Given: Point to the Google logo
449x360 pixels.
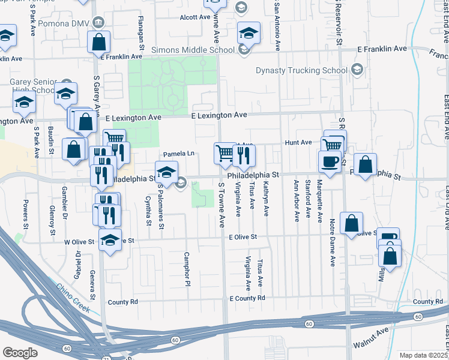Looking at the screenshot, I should coord(20,353).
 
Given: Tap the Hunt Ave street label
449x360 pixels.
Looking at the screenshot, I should coord(298,143).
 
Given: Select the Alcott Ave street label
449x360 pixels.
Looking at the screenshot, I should coord(195,17).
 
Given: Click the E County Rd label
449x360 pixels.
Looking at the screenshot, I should coord(247,298).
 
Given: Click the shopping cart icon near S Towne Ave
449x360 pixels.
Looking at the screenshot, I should coord(224,153).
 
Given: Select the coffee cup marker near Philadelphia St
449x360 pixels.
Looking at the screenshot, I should coord(329,162).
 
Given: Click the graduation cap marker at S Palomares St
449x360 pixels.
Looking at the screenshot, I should coord(166,173).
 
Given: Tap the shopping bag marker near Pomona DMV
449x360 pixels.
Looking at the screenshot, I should coord(98,43).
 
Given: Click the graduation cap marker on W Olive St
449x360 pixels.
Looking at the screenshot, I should coord(110,240).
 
